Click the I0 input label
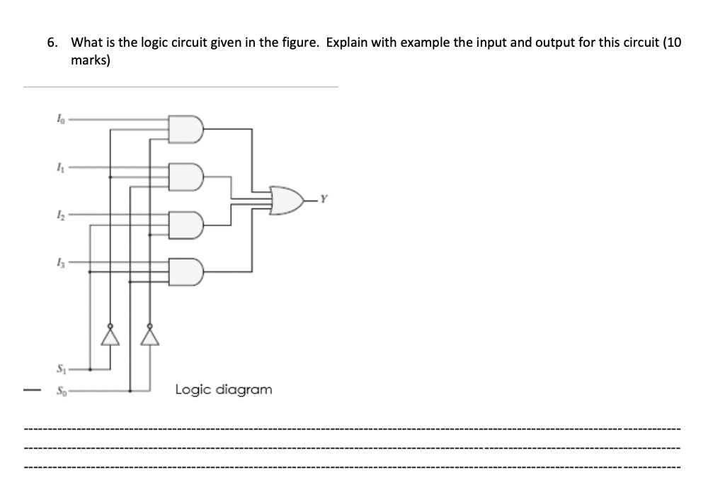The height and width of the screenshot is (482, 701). [59, 120]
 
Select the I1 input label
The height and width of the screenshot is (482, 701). [59, 169]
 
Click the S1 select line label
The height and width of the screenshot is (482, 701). [60, 369]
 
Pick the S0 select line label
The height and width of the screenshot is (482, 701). [60, 390]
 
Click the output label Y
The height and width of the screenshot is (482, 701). [325, 198]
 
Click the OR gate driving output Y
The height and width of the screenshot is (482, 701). [287, 201]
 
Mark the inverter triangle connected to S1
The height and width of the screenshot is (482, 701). [110, 335]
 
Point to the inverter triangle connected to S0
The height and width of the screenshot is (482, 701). [150, 335]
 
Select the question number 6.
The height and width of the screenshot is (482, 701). [52, 43]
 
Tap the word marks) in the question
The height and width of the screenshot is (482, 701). [91, 61]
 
